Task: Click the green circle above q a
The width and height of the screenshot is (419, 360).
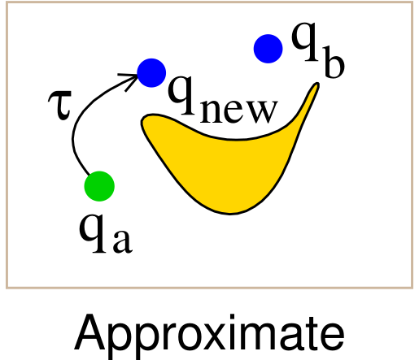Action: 99,186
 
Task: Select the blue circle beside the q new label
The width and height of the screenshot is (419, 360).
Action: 151,73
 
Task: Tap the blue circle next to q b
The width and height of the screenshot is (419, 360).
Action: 268,49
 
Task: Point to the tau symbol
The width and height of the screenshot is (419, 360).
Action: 60,105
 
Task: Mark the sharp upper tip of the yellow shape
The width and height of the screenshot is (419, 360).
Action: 316,84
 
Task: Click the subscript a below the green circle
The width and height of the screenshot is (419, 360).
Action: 123,241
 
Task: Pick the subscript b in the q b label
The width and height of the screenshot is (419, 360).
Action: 334,63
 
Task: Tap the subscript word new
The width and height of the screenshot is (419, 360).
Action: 239,111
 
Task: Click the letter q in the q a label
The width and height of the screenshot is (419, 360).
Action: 92,233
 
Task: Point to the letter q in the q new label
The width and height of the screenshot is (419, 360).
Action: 181,95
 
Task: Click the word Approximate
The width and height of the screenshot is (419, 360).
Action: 209,336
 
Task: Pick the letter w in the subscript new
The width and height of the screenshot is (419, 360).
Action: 262,111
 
